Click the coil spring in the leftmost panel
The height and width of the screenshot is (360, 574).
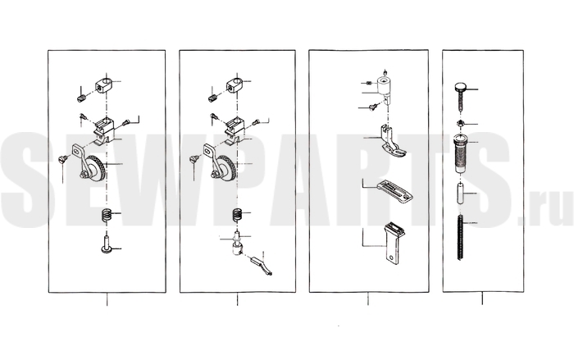point(106,215)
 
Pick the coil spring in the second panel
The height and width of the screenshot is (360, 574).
point(237,215)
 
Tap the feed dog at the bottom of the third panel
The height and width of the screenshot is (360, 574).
point(394,242)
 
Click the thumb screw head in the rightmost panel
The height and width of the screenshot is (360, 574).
point(460,87)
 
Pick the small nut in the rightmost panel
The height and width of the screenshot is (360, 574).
point(461,124)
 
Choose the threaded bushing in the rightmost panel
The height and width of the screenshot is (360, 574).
point(461,153)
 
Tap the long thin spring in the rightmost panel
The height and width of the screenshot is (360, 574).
point(461,237)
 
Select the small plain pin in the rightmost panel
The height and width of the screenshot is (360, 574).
point(461,193)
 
